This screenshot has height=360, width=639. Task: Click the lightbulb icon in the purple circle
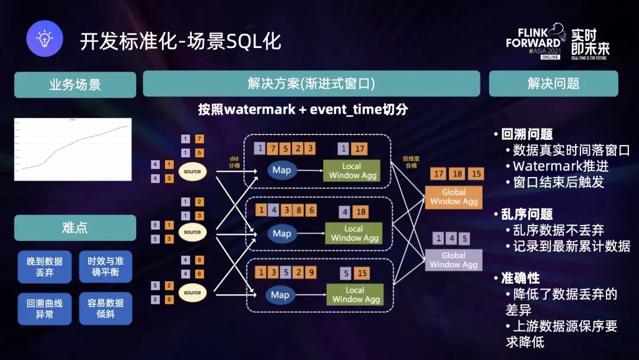tap(44, 39)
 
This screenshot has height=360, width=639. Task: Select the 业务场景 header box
tap(75, 84)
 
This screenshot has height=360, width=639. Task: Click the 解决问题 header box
tap(553, 83)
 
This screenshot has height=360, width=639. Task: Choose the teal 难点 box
tap(75, 228)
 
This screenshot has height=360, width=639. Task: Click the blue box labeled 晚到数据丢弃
tap(44, 266)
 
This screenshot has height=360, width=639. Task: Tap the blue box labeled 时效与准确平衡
tap(105, 266)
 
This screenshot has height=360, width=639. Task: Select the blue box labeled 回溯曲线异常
tap(44, 308)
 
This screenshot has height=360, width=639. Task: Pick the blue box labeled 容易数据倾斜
tap(105, 308)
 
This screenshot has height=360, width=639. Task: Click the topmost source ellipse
tap(192, 171)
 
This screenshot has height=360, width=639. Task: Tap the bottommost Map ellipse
tap(280, 295)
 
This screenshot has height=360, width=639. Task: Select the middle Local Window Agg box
tap(353, 233)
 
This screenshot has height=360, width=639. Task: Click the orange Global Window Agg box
tap(454, 197)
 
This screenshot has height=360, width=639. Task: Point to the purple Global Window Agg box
tap(454, 260)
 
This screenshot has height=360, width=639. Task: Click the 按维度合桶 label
tap(411, 162)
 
